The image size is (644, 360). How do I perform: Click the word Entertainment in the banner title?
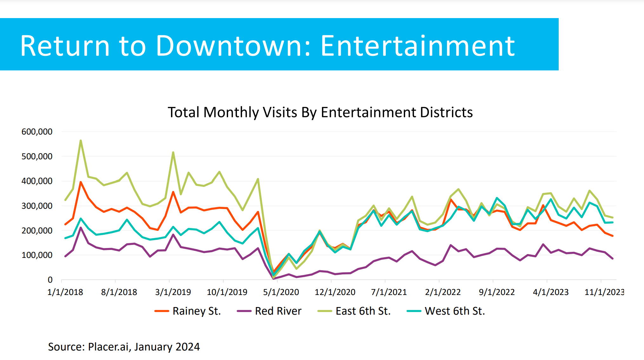tap(417, 46)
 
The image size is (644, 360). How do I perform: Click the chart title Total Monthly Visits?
tap(320, 112)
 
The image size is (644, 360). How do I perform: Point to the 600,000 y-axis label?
tap(37, 132)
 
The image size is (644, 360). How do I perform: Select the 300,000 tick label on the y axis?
tap(37, 206)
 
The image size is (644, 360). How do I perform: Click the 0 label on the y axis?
tap(50, 280)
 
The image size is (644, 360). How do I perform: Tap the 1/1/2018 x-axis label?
tap(65, 292)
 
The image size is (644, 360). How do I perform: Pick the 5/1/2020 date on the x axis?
tap(281, 292)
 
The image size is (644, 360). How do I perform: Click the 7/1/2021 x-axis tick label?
tap(389, 292)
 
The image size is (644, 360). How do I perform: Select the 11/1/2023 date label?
tap(604, 292)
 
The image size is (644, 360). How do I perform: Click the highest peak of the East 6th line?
tap(81, 141)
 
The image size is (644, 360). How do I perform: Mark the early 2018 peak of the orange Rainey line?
tap(81, 182)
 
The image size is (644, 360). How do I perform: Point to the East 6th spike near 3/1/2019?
tap(173, 153)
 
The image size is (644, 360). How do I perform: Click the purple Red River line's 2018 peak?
tap(81, 227)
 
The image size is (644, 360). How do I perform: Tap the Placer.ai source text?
tap(124, 347)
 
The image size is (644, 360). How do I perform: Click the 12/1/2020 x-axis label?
tap(335, 292)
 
